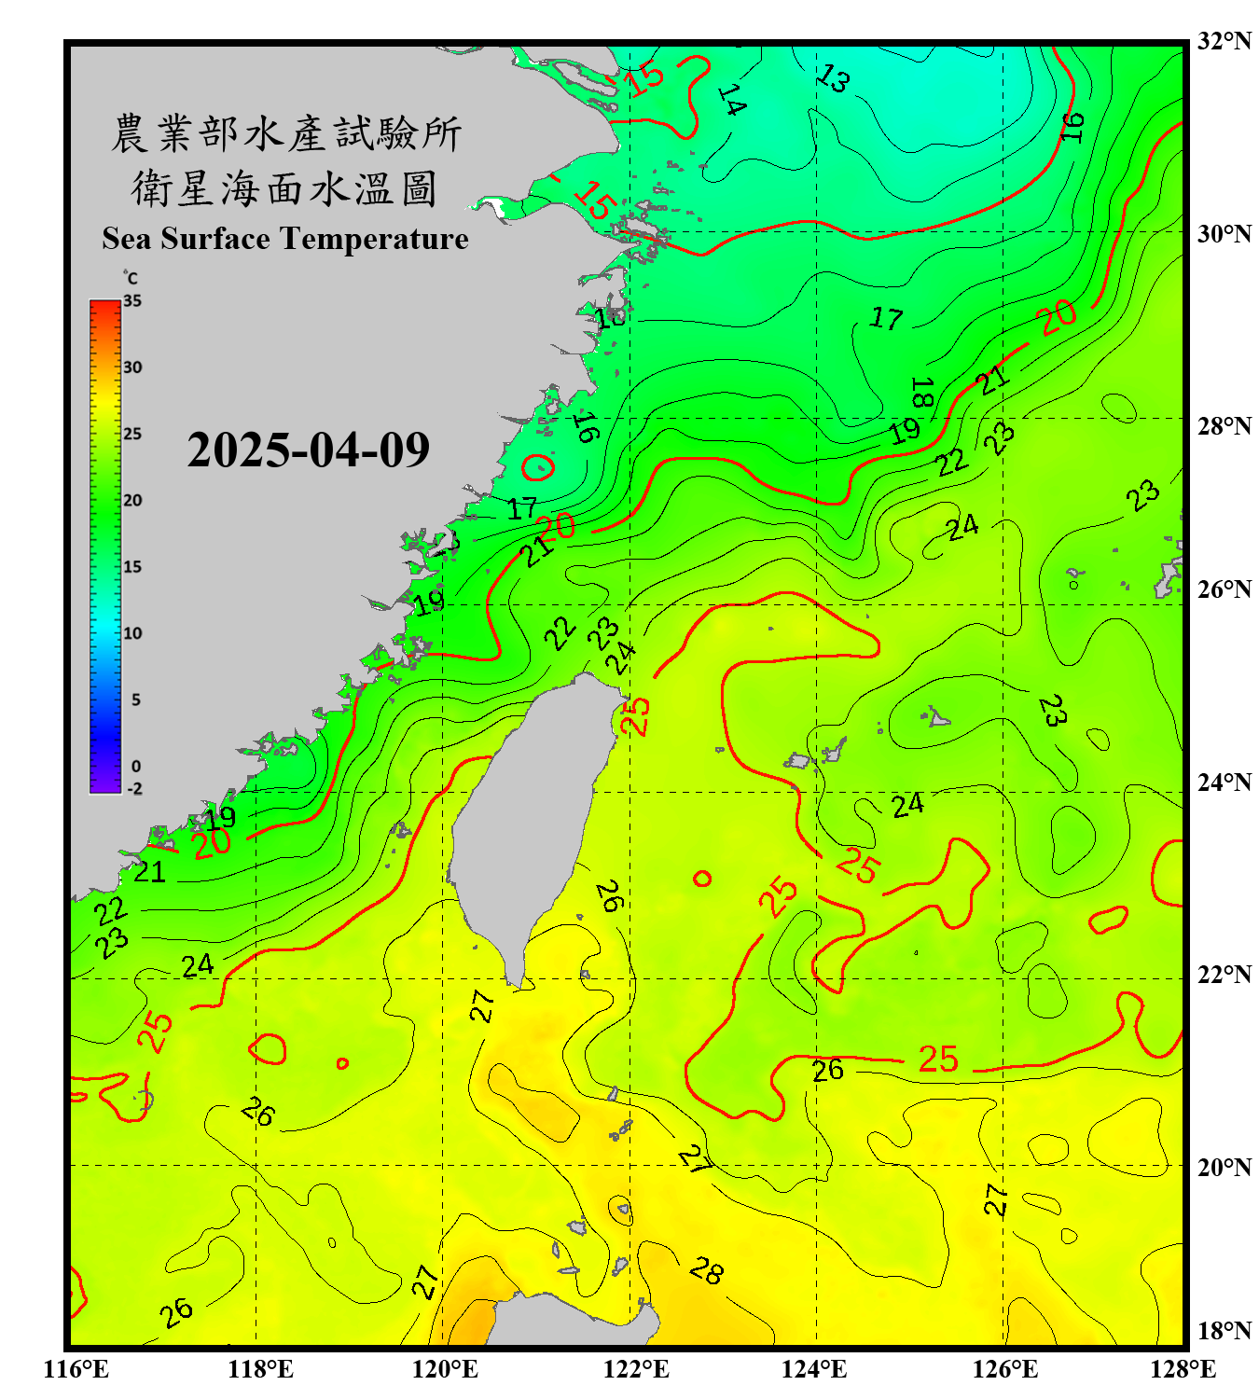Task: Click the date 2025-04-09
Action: tap(308, 450)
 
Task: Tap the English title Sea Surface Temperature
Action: tap(285, 239)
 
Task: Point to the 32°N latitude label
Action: tap(1224, 41)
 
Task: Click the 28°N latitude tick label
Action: tap(1224, 425)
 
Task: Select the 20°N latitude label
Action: tap(1224, 1167)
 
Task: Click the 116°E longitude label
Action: tap(76, 1369)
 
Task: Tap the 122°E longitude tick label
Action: tap(636, 1369)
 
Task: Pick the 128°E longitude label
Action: tap(1183, 1369)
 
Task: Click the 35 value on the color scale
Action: tap(132, 301)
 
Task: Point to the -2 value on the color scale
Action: tap(134, 789)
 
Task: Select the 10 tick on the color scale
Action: tap(133, 633)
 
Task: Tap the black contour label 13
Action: tap(832, 79)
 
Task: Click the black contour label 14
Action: tap(732, 100)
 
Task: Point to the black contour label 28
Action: tap(706, 1270)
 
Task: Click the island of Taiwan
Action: tap(532, 821)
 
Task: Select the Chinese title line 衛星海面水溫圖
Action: tap(284, 189)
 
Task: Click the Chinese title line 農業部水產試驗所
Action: tap(286, 133)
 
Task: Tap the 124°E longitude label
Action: tap(814, 1369)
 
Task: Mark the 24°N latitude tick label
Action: tap(1224, 782)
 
